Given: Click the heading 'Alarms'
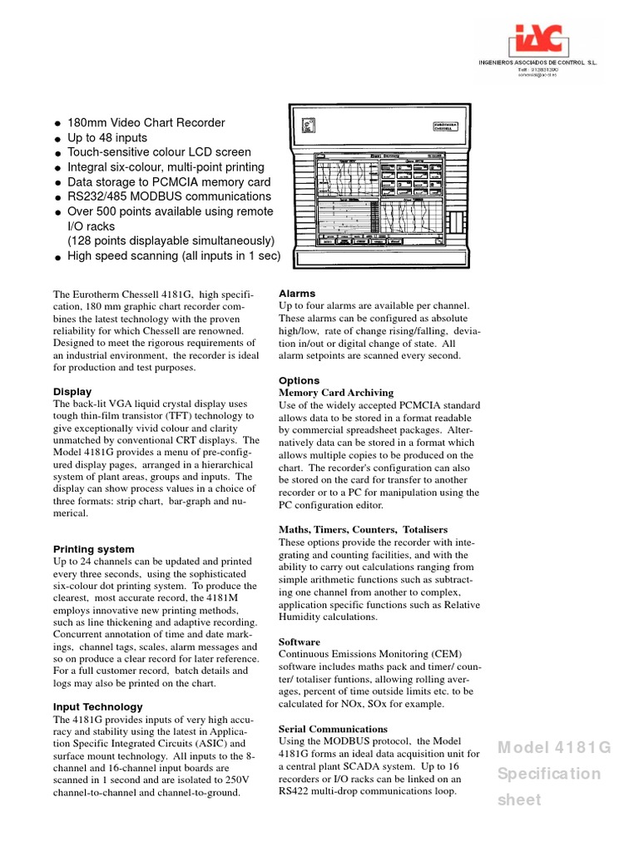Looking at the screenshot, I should point(297,294).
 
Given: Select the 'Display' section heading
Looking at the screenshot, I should point(72,391).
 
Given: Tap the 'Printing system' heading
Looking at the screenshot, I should point(93,549).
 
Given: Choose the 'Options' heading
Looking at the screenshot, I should point(299,380).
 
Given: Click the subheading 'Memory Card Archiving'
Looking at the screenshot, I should point(336,393).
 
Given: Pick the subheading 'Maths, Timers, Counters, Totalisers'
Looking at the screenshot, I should point(364,530).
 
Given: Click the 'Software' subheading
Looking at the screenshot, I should point(300,642).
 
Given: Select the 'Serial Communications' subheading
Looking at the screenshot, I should point(333,729).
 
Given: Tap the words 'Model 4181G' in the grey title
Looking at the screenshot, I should point(554,747).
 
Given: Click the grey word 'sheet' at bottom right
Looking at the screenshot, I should point(518,800).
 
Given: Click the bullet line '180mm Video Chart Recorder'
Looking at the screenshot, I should point(146,123).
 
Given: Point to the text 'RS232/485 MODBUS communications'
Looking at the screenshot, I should point(169,197).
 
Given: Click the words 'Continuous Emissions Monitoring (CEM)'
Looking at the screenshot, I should point(370,655).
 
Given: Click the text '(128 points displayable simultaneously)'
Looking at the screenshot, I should point(171,241).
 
